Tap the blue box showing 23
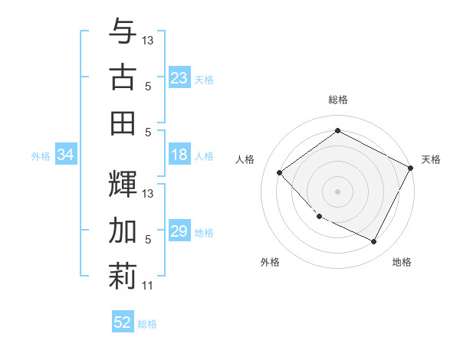coord(179,77)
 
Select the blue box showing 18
coord(179,155)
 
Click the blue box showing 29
coord(179,232)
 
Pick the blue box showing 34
coord(65,155)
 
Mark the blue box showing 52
coord(123,322)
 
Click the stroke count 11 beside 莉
coord(148,286)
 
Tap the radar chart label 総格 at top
coord(337,100)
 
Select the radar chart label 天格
coord(431,159)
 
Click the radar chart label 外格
coord(270,263)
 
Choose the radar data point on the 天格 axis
coord(411,168)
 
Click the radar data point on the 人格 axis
coord(280,173)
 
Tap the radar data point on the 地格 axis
coord(373,242)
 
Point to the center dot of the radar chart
coord(337,191)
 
